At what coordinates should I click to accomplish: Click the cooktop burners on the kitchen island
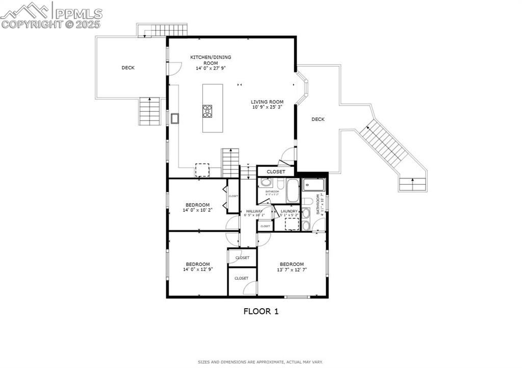pyautogui.click(x=207, y=111)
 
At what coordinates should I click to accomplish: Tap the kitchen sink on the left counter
pyautogui.click(x=175, y=118)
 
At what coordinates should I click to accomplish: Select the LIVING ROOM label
pyautogui.click(x=267, y=102)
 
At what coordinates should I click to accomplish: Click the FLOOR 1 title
pyautogui.click(x=260, y=311)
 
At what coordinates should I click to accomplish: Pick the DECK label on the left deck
pyautogui.click(x=128, y=68)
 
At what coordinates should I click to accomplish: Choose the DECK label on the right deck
pyautogui.click(x=318, y=119)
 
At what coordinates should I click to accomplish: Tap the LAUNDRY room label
pyautogui.click(x=289, y=211)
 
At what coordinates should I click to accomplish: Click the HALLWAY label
pyautogui.click(x=254, y=211)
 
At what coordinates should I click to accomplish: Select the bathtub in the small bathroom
pyautogui.click(x=293, y=191)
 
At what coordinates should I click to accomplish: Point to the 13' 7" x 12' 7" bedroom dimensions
pyautogui.click(x=292, y=269)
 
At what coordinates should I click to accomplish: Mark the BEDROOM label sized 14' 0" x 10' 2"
pyautogui.click(x=197, y=205)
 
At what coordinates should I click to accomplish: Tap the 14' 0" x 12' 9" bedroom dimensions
pyautogui.click(x=197, y=269)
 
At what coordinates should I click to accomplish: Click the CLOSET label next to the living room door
pyautogui.click(x=276, y=172)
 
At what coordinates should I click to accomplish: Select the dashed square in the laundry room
pyautogui.click(x=292, y=224)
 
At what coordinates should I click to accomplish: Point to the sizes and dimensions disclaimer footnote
pyautogui.click(x=260, y=362)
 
